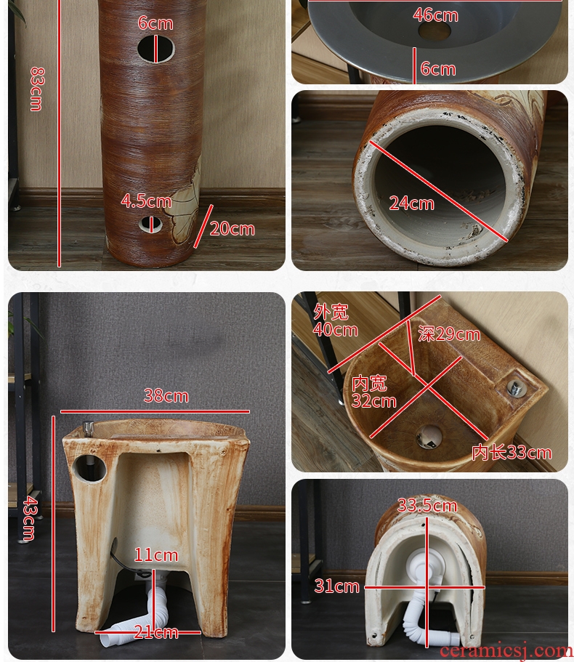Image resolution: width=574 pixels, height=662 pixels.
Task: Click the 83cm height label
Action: click(x=36, y=89)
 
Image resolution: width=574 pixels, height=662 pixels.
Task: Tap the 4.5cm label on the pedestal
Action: click(x=146, y=201)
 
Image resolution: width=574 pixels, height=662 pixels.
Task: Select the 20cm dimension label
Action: click(x=232, y=229)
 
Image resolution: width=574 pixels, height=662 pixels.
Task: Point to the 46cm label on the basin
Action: click(x=435, y=15)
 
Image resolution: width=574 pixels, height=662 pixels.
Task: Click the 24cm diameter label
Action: click(x=411, y=203)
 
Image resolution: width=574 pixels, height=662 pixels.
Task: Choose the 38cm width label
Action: click(x=166, y=395)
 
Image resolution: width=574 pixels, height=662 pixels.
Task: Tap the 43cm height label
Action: click(x=30, y=518)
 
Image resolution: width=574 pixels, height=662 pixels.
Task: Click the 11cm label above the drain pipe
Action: click(x=156, y=554)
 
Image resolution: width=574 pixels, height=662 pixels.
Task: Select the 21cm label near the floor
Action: click(x=156, y=632)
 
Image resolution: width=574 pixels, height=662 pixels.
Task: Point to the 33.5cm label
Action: click(x=427, y=505)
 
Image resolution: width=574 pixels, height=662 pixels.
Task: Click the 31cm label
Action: click(x=337, y=586)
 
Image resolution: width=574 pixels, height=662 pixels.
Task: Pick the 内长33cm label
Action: click(x=512, y=453)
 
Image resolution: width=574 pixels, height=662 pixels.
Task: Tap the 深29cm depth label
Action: click(x=449, y=334)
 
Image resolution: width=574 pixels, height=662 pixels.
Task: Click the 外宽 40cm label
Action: click(x=335, y=321)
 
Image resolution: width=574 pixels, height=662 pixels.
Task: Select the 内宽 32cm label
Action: click(x=374, y=392)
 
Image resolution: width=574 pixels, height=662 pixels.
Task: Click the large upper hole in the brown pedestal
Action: click(x=155, y=49)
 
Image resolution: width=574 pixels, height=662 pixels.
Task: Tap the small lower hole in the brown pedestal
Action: click(x=150, y=225)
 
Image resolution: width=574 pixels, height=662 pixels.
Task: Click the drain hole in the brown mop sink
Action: click(x=429, y=437)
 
